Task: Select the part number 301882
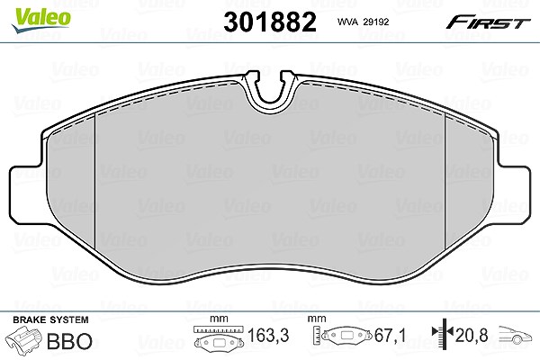[270, 22]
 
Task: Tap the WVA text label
[347, 22]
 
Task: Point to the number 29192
[376, 22]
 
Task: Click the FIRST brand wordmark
[488, 22]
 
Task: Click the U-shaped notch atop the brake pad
[270, 88]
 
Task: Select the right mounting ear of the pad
[514, 194]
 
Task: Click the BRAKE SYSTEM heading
[50, 319]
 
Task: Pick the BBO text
[69, 341]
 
